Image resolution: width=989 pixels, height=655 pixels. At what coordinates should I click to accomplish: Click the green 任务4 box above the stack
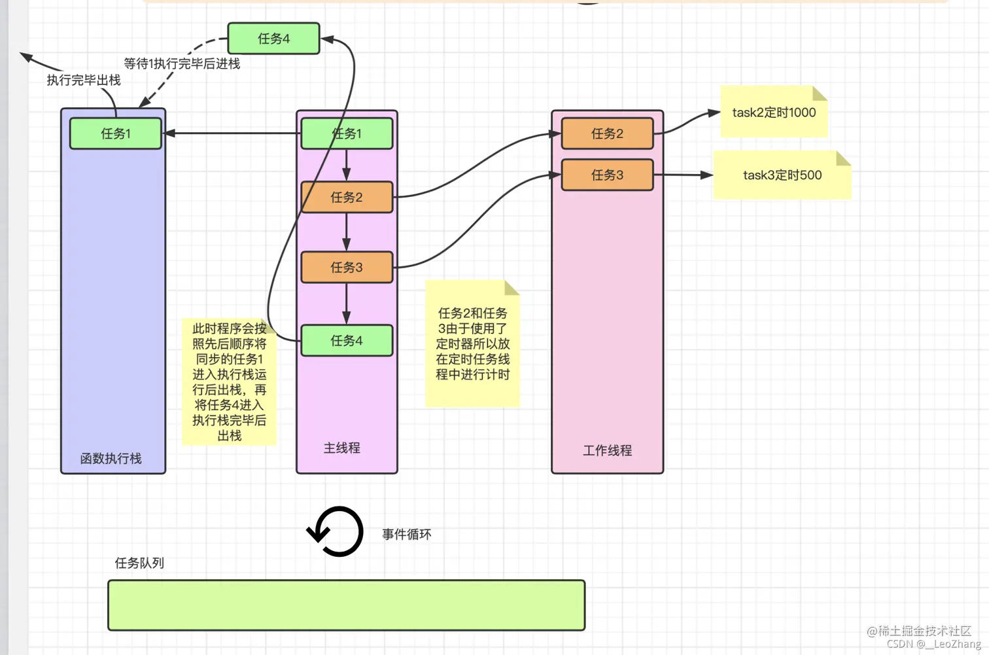pos(273,39)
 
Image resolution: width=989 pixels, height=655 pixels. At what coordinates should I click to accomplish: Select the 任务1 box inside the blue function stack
pos(116,133)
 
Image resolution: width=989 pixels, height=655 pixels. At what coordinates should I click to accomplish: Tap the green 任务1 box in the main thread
pos(347,133)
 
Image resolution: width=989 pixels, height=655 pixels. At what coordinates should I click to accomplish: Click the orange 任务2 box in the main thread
pos(347,197)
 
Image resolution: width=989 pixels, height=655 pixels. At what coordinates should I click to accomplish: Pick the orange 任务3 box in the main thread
pos(347,267)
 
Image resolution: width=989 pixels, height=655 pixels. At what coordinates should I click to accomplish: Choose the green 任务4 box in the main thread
pos(347,340)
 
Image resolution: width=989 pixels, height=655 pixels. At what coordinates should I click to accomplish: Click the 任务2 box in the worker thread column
pos(607,133)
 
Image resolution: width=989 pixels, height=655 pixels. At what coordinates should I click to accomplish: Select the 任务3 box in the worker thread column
pos(607,175)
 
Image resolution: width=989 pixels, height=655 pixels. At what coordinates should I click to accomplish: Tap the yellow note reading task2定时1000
pos(774,113)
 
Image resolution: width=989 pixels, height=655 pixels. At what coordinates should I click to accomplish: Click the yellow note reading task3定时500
pos(782,175)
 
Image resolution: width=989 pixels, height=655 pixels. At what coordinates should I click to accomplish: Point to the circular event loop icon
pos(336,531)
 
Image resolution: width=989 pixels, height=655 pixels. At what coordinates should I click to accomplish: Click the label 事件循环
pos(406,535)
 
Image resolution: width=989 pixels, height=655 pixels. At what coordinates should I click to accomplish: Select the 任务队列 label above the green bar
pos(139,563)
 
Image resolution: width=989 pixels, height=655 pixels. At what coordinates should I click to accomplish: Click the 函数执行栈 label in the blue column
pos(111,459)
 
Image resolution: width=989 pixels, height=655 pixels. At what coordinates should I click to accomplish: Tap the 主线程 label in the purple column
pos(342,448)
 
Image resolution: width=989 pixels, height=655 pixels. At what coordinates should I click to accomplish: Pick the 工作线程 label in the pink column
pos(607,451)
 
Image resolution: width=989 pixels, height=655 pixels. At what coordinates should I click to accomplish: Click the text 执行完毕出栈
pos(84,80)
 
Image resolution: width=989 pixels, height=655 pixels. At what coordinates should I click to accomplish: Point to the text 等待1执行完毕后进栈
pos(182,64)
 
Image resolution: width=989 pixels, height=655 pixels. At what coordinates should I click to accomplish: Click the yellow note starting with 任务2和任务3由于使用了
pos(472,344)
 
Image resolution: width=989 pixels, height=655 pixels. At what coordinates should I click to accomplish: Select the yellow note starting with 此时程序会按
pos(229,382)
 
